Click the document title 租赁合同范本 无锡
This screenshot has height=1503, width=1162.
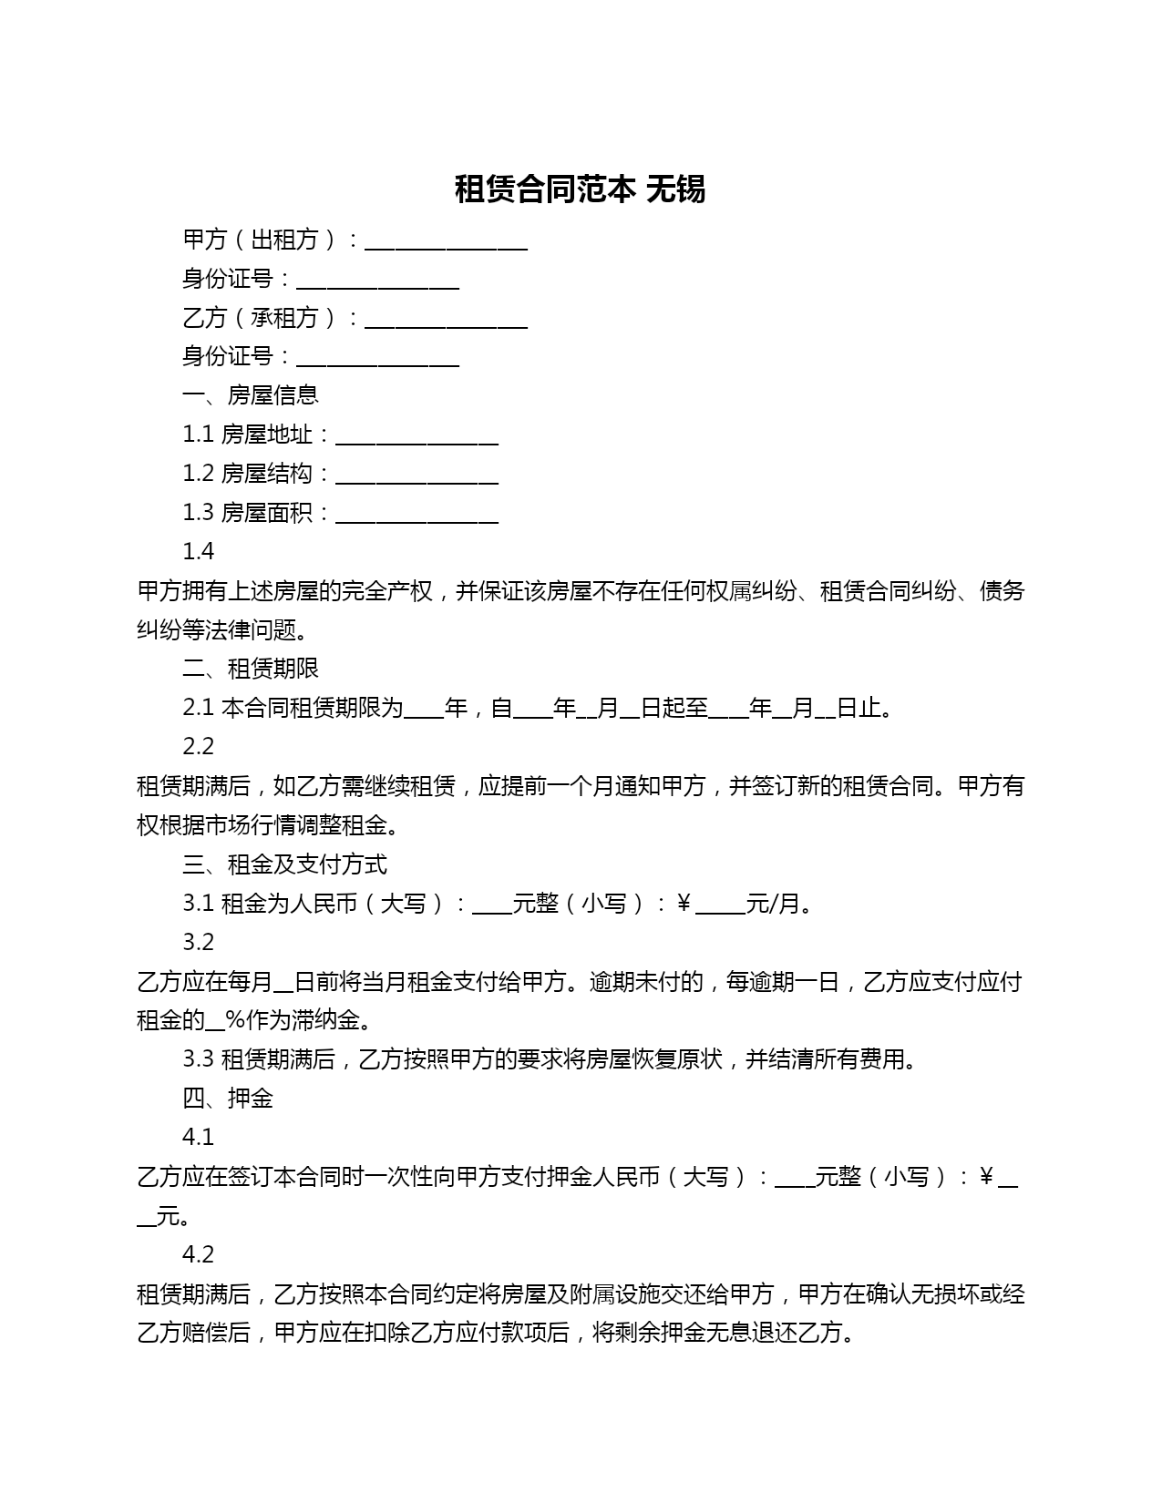click(x=580, y=189)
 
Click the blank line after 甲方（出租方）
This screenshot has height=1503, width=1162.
click(x=446, y=244)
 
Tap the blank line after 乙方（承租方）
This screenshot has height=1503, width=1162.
click(x=446, y=322)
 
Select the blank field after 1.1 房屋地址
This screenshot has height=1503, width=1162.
click(x=416, y=440)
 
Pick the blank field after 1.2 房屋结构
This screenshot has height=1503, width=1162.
click(x=416, y=479)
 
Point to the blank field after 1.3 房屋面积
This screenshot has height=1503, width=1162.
click(x=416, y=518)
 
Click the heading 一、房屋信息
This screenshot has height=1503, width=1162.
click(x=251, y=394)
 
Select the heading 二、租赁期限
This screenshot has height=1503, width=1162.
click(x=251, y=668)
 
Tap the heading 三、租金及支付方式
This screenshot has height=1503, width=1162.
click(x=284, y=864)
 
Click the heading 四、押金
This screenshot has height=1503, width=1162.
click(x=228, y=1098)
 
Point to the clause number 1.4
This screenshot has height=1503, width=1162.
click(x=198, y=551)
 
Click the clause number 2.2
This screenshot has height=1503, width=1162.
click(x=198, y=746)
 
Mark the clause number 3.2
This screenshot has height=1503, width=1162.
click(x=198, y=942)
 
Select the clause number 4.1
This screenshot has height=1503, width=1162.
click(x=198, y=1137)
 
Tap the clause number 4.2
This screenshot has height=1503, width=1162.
click(x=198, y=1254)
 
